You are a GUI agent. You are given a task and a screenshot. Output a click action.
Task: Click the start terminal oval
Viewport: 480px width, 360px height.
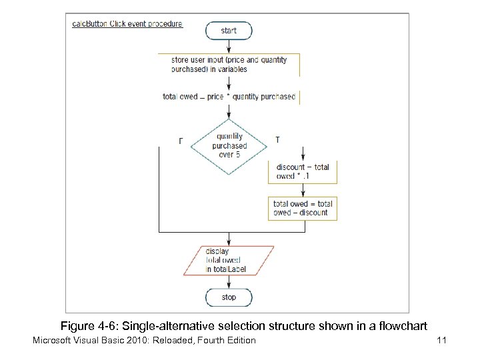point(229,30)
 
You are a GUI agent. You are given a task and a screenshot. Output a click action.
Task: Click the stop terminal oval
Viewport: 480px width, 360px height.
point(229,297)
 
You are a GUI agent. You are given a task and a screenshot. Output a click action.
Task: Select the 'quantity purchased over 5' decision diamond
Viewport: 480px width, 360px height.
point(229,146)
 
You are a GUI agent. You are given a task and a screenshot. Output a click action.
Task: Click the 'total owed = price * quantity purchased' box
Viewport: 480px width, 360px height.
point(229,97)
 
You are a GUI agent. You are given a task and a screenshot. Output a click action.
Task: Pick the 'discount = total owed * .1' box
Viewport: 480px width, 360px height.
point(303,171)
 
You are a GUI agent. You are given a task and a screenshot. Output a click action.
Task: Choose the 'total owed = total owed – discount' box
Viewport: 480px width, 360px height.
point(303,208)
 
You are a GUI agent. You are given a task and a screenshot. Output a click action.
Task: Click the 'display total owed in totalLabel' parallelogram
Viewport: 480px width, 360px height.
point(229,261)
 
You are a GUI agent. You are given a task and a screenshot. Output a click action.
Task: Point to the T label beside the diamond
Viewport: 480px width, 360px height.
point(277,140)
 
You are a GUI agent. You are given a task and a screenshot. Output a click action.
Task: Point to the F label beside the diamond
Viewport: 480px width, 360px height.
point(181,141)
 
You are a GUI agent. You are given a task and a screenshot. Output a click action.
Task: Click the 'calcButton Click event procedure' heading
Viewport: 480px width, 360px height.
point(127,23)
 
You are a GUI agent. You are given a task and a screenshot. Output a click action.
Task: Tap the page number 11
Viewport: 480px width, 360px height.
point(441,341)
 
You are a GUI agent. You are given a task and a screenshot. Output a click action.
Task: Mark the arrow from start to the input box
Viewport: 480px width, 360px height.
point(229,46)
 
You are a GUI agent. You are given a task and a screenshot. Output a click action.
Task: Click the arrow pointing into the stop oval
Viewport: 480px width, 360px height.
point(229,283)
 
